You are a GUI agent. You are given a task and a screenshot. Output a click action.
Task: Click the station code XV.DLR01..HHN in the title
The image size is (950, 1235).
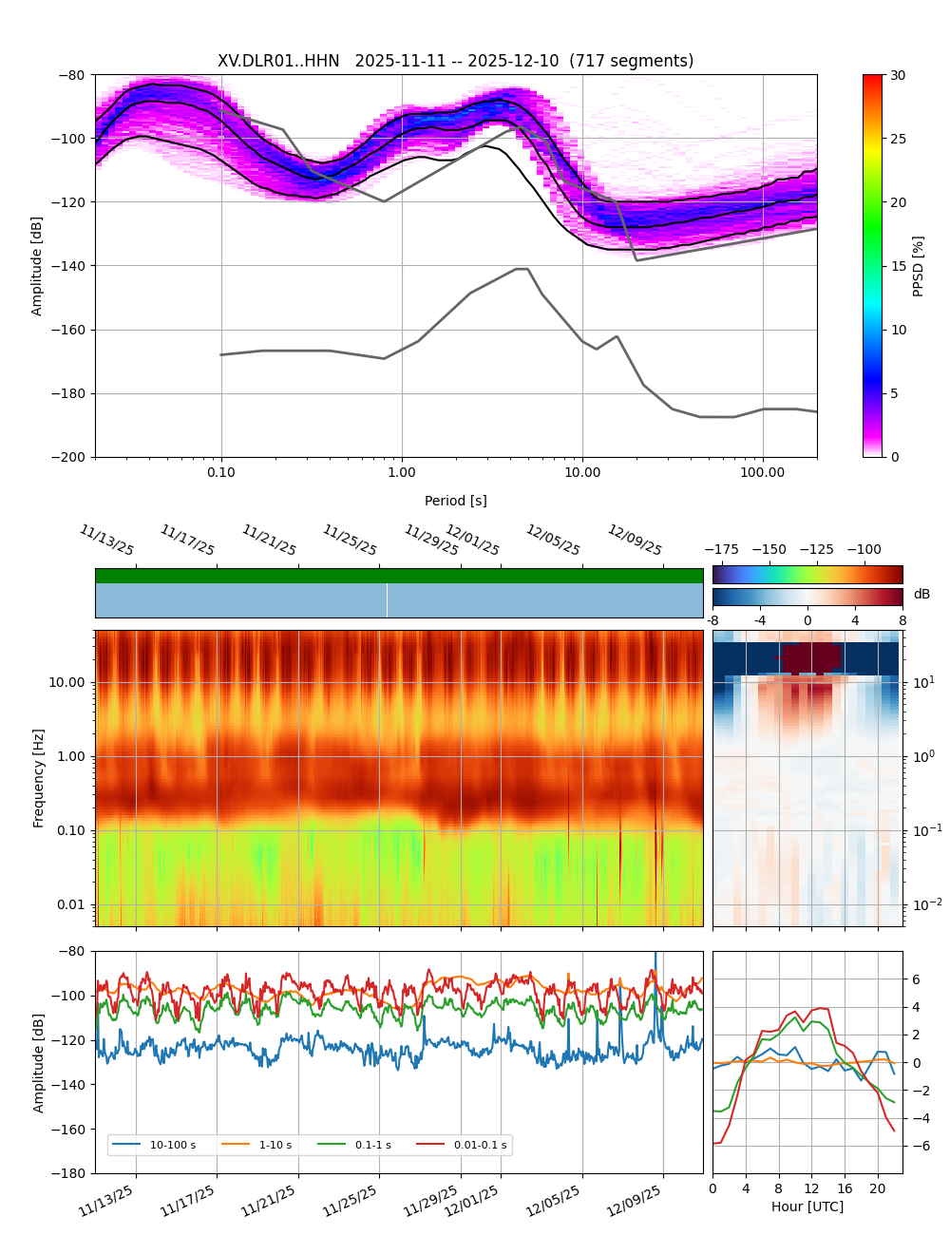click(x=278, y=61)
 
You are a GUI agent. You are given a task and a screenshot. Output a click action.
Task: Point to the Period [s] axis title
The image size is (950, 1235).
click(x=456, y=501)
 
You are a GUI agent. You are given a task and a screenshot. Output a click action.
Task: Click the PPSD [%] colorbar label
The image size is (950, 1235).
click(x=919, y=266)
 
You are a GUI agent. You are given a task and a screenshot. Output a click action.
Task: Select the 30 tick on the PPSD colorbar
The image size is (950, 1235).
click(x=898, y=75)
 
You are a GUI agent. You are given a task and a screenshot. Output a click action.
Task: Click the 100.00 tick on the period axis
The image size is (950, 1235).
click(x=763, y=472)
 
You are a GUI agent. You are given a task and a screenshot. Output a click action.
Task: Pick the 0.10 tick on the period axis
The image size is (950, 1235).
click(x=221, y=472)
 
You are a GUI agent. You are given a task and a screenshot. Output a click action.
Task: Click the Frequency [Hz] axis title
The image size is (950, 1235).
click(x=39, y=778)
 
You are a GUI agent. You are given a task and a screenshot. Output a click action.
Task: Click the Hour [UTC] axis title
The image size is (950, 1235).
click(x=807, y=1206)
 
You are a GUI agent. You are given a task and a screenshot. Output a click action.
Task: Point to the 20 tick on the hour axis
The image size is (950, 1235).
click(x=878, y=1188)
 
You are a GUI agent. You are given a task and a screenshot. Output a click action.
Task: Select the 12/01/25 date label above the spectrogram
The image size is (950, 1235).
click(x=472, y=541)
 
